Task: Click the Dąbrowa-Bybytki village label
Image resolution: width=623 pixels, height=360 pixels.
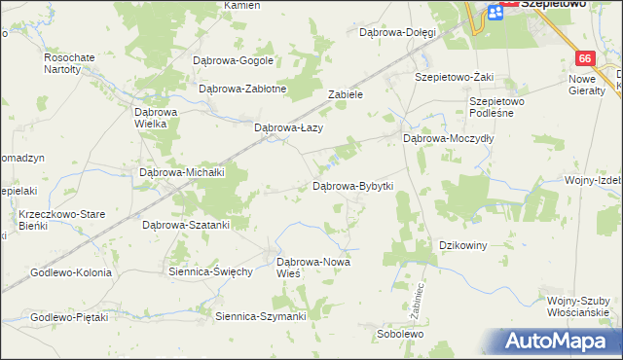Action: pyautogui.click(x=351, y=186)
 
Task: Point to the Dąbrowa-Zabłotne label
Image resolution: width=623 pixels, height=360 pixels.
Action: pyautogui.click(x=242, y=89)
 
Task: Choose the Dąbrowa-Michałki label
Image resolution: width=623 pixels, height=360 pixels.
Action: pyautogui.click(x=183, y=172)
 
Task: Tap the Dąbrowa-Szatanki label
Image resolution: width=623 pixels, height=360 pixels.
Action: pyautogui.click(x=185, y=225)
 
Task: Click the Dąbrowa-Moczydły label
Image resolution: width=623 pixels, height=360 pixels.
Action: pyautogui.click(x=449, y=139)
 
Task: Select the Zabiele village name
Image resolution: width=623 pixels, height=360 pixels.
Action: pyautogui.click(x=346, y=95)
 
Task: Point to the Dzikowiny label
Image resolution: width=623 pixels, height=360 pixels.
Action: pyautogui.click(x=463, y=245)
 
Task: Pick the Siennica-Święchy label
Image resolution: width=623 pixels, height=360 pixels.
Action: pyautogui.click(x=211, y=271)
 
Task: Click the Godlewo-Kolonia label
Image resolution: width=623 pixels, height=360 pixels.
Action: pyautogui.click(x=72, y=272)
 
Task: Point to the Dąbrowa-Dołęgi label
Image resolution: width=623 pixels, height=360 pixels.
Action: pyautogui.click(x=397, y=32)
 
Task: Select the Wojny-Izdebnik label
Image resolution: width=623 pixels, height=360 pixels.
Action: pyautogui.click(x=594, y=180)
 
